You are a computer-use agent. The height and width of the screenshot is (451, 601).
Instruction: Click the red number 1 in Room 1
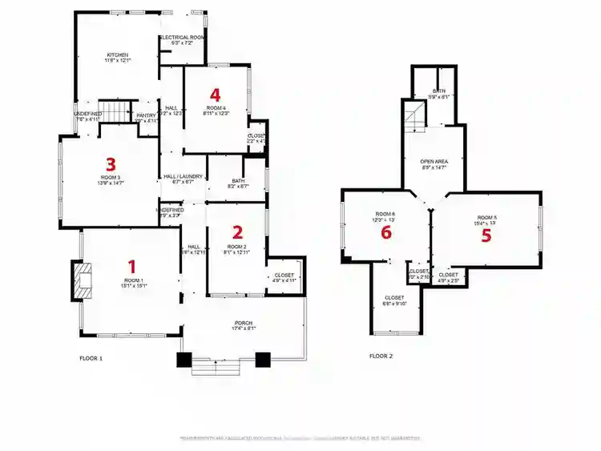pos(132,265)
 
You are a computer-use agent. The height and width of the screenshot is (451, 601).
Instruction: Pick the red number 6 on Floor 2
pos(385,232)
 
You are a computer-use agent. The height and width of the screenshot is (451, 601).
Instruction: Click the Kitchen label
pos(118,55)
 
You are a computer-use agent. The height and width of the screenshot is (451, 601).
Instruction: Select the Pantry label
pos(146,115)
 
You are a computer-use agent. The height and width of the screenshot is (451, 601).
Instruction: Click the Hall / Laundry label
pos(183,176)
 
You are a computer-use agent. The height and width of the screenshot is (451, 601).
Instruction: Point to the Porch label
pos(244,324)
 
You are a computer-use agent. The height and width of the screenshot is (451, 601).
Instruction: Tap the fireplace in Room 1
pos(83,280)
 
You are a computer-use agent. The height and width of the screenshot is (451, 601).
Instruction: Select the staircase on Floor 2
pos(413,118)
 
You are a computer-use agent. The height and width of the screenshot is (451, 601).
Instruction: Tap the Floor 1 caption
pos(91,358)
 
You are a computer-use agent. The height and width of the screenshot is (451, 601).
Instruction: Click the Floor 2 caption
pos(380,356)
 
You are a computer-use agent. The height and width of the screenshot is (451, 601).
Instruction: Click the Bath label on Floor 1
pos(238,181)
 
